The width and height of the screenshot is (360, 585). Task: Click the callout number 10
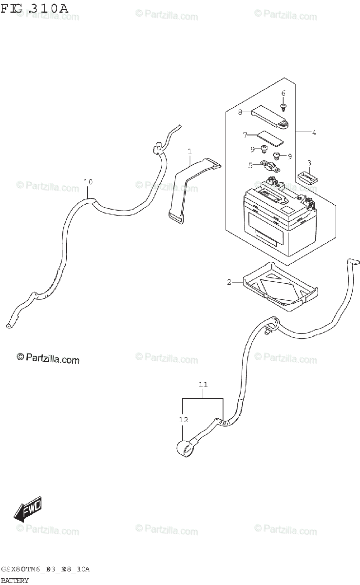point(88,182)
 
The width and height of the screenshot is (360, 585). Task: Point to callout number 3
point(314,132)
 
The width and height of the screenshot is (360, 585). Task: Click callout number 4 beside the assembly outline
point(250,165)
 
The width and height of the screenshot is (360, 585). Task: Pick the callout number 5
point(283,93)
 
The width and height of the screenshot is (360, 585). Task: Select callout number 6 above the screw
point(246,134)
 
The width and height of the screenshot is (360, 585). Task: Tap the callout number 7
point(240,112)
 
